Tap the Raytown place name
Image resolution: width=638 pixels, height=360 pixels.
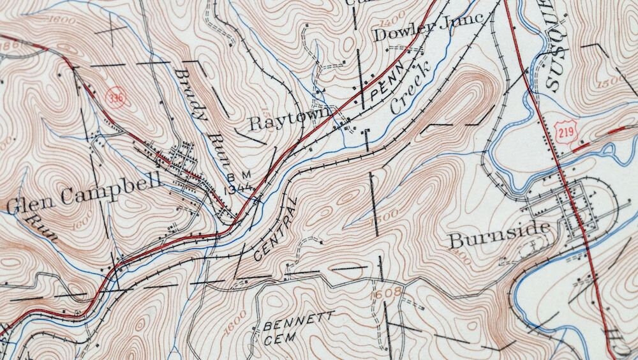pyautogui.click(x=289, y=121)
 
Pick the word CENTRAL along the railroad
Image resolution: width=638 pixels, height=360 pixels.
pyautogui.click(x=276, y=229)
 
